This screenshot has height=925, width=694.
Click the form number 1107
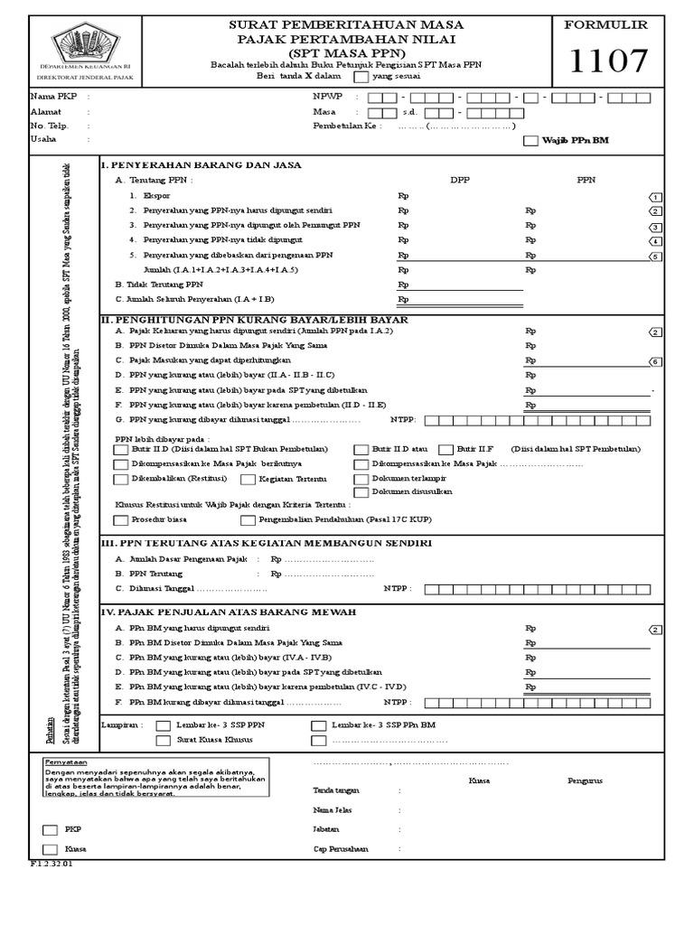609,62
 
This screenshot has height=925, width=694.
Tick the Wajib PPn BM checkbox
530,140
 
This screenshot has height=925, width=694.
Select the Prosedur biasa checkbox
121,520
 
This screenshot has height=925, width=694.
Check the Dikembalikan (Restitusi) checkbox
121,479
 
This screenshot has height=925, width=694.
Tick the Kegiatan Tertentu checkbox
248,479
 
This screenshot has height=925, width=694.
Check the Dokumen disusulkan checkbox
361,492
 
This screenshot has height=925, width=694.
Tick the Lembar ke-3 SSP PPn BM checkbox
318,725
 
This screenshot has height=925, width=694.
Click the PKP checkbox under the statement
50,829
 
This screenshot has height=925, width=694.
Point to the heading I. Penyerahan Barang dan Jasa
201,164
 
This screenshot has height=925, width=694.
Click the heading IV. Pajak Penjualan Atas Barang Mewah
229,612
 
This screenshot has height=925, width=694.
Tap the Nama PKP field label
49,96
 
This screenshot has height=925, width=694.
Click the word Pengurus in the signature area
585,780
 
